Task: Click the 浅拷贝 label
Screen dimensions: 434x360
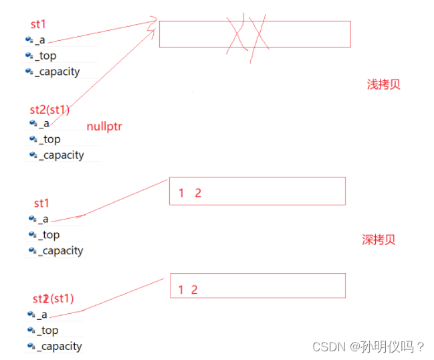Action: [383, 85]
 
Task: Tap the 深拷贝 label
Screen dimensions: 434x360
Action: [378, 240]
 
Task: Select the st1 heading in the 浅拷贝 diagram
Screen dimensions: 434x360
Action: [38, 25]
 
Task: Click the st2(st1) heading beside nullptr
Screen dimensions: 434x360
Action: [49, 110]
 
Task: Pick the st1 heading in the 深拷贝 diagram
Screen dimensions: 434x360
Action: [41, 203]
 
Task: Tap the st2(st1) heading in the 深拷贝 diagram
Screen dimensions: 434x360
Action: [53, 298]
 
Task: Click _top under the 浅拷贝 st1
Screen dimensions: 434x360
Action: [47, 56]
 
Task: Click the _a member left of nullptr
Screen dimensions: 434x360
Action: [43, 124]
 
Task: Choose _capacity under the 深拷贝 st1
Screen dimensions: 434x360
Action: [60, 251]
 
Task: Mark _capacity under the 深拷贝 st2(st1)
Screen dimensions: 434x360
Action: [60, 347]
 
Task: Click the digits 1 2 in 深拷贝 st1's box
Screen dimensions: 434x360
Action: [190, 193]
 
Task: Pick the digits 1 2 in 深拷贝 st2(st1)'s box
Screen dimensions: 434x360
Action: [188, 290]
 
